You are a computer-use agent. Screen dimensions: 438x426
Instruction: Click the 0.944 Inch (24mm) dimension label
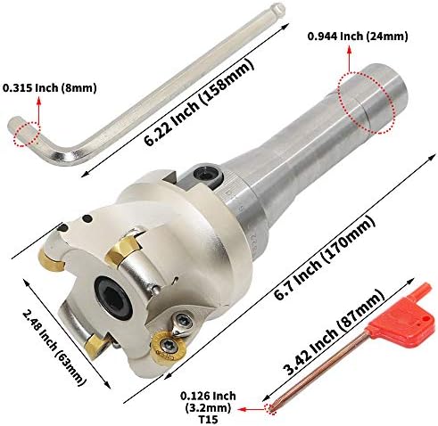pyautogui.click(x=358, y=37)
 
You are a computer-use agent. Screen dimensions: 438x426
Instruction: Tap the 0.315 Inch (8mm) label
pyautogui.click(x=50, y=88)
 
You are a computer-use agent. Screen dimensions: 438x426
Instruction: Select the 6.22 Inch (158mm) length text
pyautogui.click(x=199, y=102)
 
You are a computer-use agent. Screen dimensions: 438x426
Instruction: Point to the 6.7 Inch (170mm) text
pyautogui.click(x=324, y=258)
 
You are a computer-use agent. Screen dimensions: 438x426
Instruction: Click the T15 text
pyautogui.click(x=208, y=420)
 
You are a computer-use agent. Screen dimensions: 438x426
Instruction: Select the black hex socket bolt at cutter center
pyautogui.click(x=114, y=297)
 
